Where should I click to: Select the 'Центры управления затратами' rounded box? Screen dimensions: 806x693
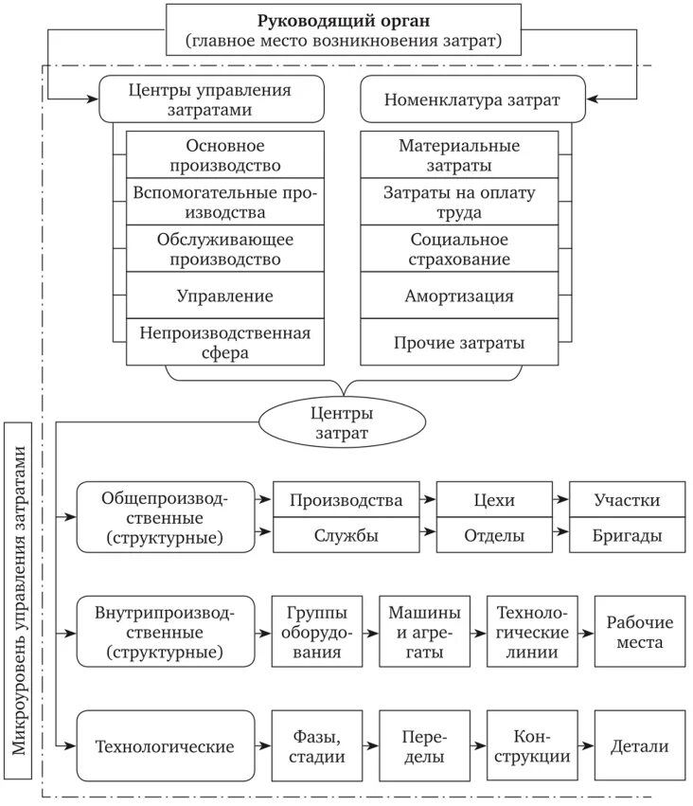pyautogui.click(x=211, y=99)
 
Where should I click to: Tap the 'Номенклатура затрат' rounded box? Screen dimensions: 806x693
pyautogui.click(x=472, y=99)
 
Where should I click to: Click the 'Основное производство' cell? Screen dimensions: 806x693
pyautogui.click(x=224, y=154)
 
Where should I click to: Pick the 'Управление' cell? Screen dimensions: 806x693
pyautogui.click(x=224, y=296)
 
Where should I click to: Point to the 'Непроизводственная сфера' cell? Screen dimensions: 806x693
pyautogui.click(x=224, y=342)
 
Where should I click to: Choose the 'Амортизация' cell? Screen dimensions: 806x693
pyautogui.click(x=459, y=296)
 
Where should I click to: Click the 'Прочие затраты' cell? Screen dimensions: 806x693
pyautogui.click(x=459, y=342)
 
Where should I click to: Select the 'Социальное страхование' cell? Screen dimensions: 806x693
pyautogui.click(x=459, y=248)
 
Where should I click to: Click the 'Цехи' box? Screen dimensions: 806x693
pyautogui.click(x=494, y=499)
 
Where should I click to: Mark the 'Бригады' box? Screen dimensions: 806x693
pyautogui.click(x=627, y=535)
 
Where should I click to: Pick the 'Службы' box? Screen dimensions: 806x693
pyautogui.click(x=346, y=535)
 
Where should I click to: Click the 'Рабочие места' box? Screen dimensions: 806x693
pyautogui.click(x=639, y=632)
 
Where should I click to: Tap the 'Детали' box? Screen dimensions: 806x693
pyautogui.click(x=639, y=745)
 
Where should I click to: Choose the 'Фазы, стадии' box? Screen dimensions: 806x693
pyautogui.click(x=315, y=745)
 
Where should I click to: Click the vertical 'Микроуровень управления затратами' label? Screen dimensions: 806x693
pyautogui.click(x=21, y=601)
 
